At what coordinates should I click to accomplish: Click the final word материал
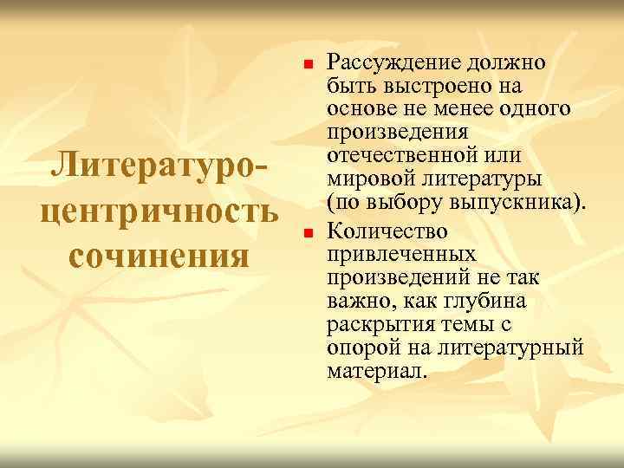[x=376, y=370]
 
